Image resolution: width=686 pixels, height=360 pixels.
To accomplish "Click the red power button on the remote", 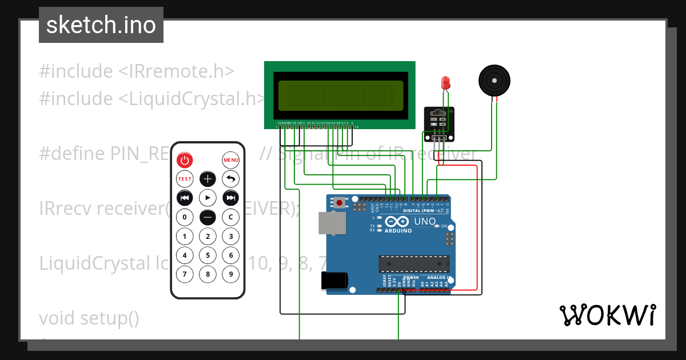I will (x=185, y=160).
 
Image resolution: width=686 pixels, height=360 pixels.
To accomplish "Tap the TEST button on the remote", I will (x=185, y=179).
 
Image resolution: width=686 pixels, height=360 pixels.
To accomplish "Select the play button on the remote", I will (x=208, y=198).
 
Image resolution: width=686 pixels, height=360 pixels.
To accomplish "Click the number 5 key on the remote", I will (x=208, y=255).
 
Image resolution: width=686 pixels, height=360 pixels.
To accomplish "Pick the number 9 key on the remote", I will (x=230, y=274).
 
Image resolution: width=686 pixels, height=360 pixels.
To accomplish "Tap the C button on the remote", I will (x=230, y=217).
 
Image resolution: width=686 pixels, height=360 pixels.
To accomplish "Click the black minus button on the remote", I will (x=208, y=217).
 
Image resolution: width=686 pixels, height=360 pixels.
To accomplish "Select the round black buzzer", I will (x=493, y=80).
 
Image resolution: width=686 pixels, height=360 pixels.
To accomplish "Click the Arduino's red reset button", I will (x=340, y=202).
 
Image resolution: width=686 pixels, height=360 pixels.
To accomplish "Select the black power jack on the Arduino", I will (x=334, y=280).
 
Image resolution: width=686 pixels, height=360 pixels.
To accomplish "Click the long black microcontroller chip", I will (x=414, y=263).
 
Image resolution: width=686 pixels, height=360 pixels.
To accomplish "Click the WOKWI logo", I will (x=607, y=315).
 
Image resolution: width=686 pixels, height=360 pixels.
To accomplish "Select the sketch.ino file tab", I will (x=101, y=25).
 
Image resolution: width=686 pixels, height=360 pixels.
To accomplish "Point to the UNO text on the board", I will (x=425, y=221).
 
